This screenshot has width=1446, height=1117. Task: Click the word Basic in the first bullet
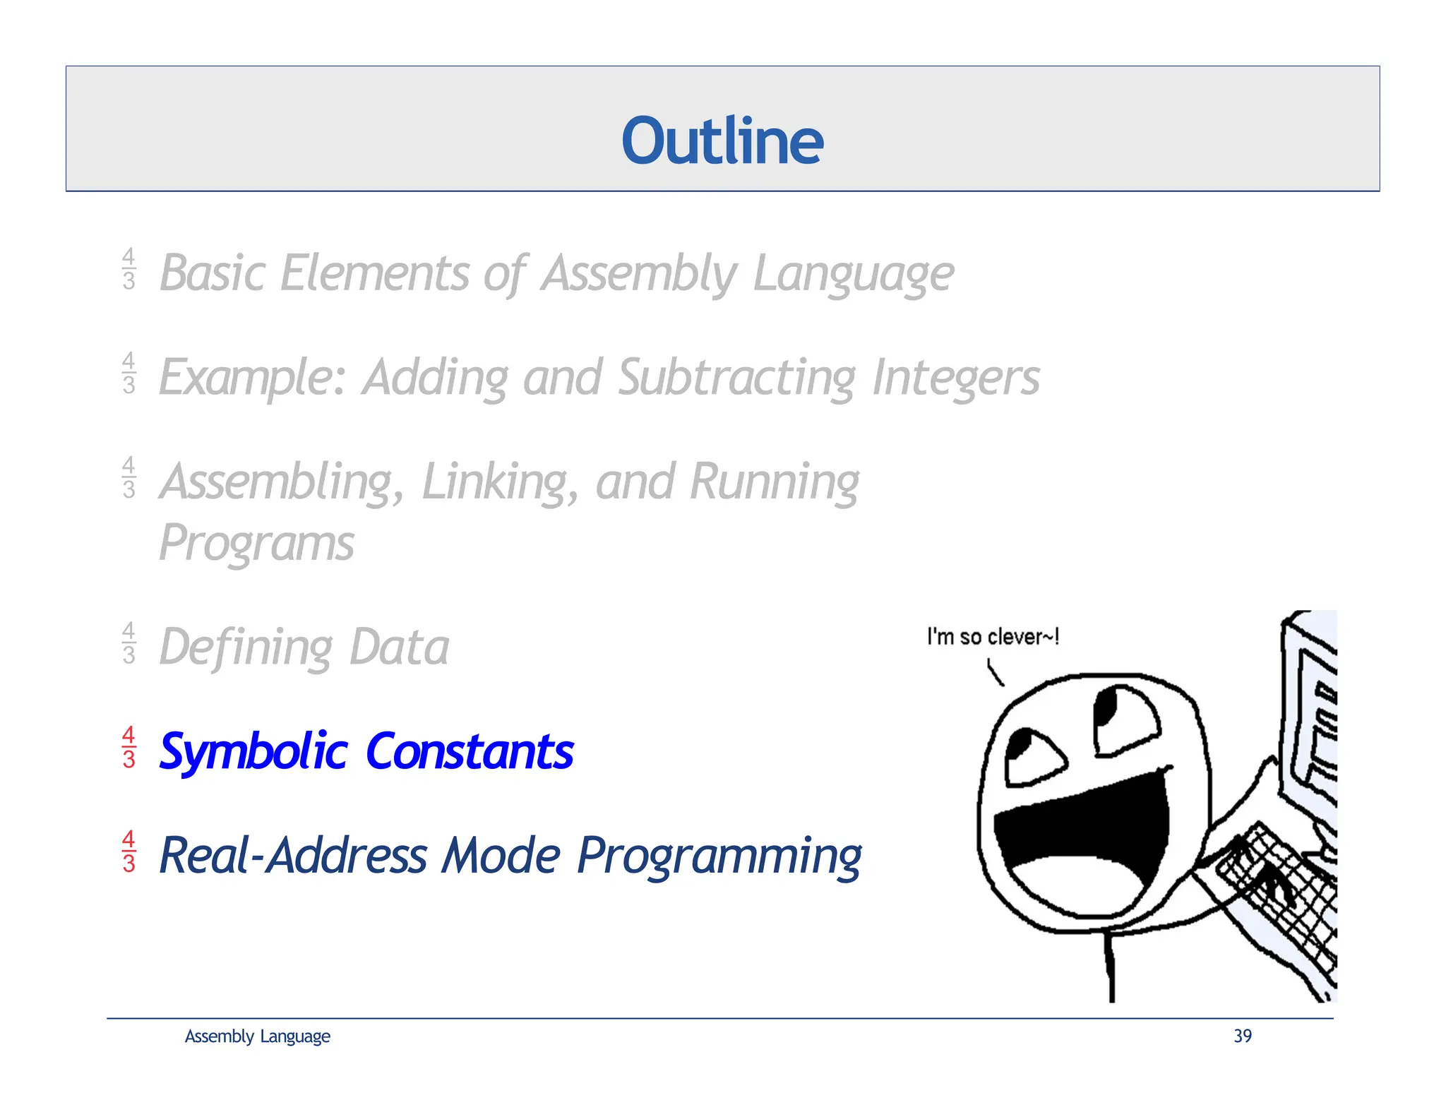[x=211, y=273]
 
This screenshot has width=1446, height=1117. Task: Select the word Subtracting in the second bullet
[x=736, y=377]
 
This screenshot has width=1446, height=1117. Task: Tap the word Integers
[x=955, y=377]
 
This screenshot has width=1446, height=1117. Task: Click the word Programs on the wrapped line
[x=256, y=544]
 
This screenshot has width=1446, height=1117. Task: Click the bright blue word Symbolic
[x=253, y=751]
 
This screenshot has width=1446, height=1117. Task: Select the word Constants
[x=470, y=751]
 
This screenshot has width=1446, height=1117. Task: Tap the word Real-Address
[x=292, y=856]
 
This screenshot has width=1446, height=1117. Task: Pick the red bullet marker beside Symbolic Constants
[x=129, y=747]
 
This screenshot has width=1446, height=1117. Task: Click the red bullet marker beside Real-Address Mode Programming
[x=129, y=852]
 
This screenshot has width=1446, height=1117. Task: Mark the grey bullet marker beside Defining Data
[x=129, y=643]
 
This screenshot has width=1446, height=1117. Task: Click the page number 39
[x=1242, y=1036]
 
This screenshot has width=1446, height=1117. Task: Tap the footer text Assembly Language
[x=257, y=1036]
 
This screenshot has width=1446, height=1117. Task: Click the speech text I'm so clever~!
[x=992, y=637]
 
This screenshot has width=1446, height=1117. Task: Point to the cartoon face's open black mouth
[x=1080, y=833]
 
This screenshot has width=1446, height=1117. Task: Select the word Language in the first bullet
[x=853, y=273]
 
